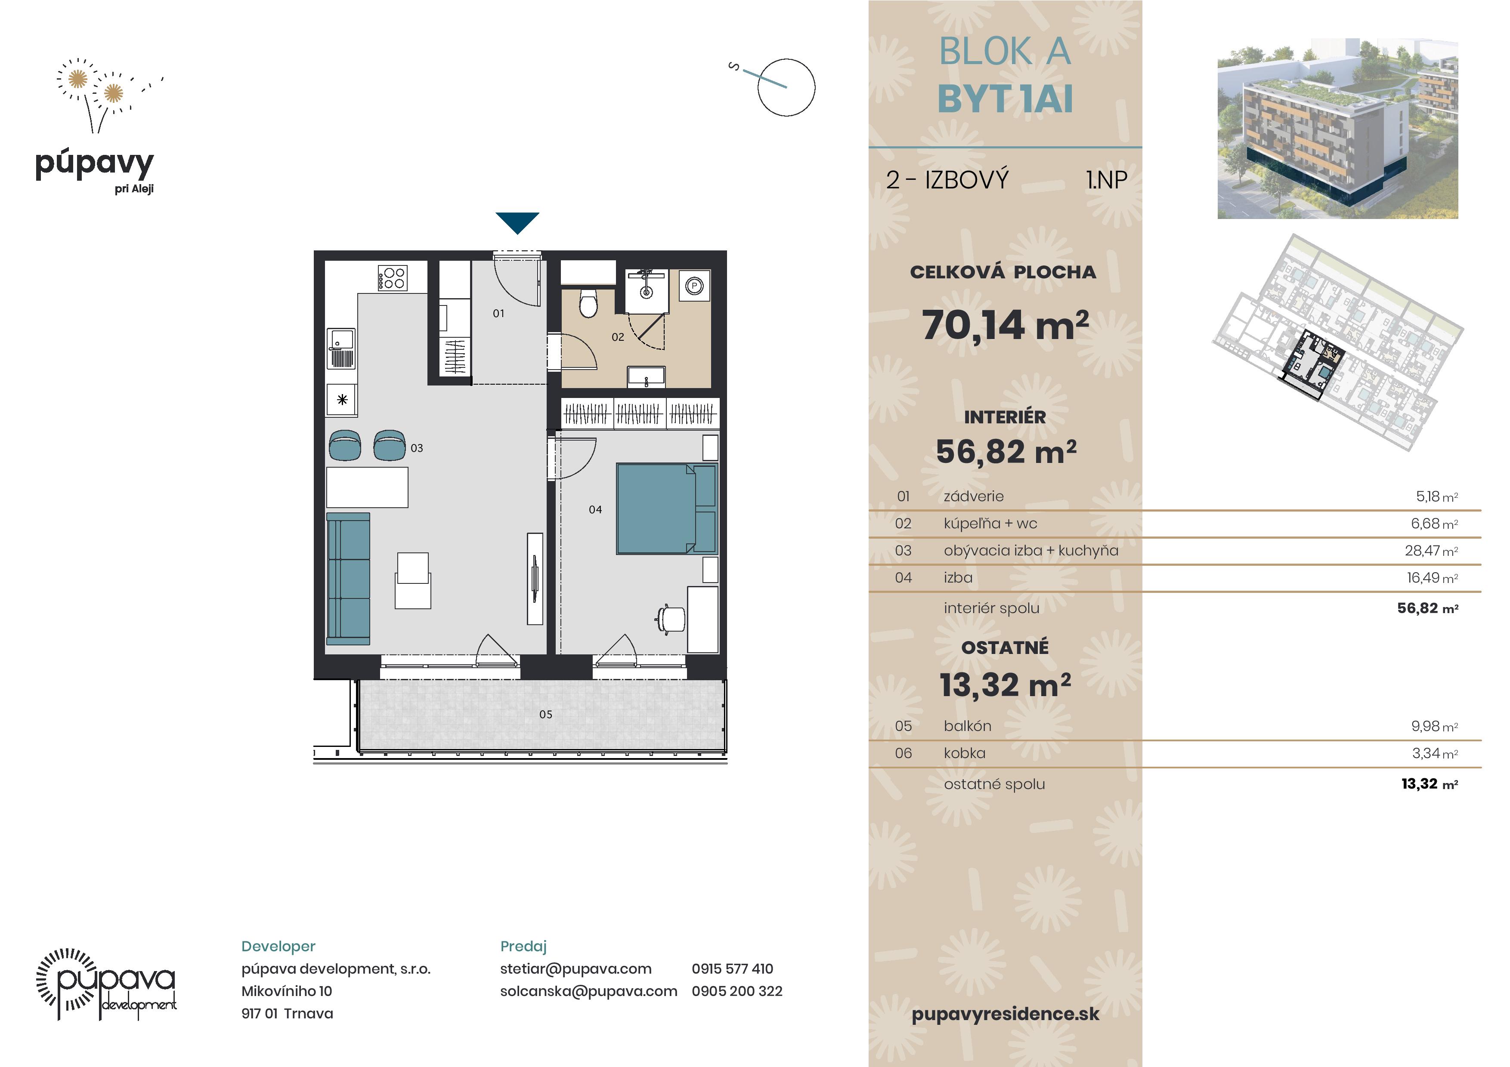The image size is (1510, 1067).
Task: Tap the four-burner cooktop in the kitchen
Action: click(393, 278)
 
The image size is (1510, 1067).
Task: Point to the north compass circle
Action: click(786, 87)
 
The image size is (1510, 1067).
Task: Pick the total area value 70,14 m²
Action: click(1005, 325)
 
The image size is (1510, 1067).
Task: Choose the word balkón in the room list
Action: click(968, 726)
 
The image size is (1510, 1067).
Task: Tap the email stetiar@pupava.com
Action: click(576, 968)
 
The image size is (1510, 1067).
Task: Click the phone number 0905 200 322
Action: click(737, 991)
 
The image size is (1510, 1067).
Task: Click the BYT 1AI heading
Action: click(1005, 99)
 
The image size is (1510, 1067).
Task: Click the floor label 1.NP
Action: click(1107, 179)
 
